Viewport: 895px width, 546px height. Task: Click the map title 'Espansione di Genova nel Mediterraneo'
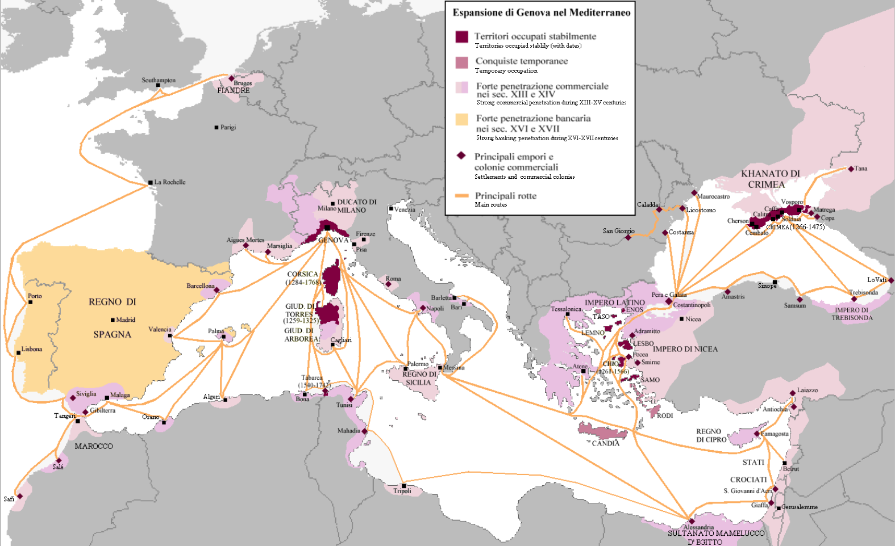point(541,12)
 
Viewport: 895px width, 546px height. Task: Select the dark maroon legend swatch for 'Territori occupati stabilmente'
point(462,37)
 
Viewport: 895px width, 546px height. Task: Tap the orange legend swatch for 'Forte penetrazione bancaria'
point(462,119)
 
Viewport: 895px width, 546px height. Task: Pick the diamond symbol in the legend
point(461,156)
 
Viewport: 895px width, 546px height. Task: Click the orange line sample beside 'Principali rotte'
point(461,196)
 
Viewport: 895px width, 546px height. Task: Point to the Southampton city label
point(159,80)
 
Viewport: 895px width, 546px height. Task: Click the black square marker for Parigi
point(217,128)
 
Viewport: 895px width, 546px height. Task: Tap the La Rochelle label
point(170,182)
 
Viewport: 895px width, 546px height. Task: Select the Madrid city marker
point(113,320)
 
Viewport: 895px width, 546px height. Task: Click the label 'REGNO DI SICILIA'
point(419,379)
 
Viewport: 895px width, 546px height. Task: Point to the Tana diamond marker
point(851,169)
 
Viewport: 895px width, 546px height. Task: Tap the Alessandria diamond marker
point(692,521)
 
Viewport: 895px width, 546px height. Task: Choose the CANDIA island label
point(606,443)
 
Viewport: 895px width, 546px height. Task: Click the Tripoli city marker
point(403,486)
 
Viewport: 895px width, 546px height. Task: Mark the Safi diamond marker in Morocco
point(20,496)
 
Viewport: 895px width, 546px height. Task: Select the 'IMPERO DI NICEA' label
point(685,349)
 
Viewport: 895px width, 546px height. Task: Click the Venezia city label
point(405,209)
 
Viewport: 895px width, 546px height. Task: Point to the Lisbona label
point(32,349)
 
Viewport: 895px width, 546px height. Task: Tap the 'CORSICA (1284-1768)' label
point(303,278)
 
